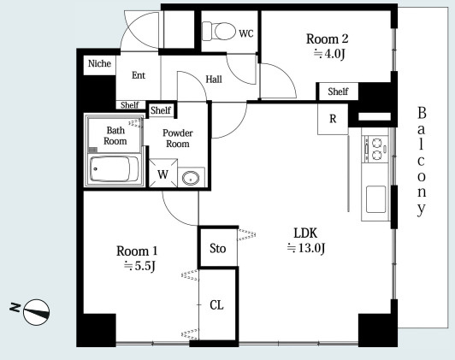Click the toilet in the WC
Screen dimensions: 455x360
(219, 31)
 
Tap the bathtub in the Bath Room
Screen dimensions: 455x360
(114, 168)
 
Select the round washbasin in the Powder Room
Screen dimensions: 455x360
(191, 178)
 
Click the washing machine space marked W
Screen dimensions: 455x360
(162, 174)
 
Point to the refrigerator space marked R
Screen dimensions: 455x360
(333, 119)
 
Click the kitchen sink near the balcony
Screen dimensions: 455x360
(375, 199)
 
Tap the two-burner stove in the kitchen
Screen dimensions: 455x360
(376, 149)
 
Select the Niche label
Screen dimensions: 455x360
(99, 63)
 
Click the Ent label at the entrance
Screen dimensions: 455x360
(139, 75)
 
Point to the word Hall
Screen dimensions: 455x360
(214, 80)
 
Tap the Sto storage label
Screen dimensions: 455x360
(217, 249)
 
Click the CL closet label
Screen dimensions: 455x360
(216, 305)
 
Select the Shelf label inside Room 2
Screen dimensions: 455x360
(338, 91)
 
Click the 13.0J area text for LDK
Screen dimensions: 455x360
(306, 248)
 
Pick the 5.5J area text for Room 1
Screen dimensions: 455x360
(140, 266)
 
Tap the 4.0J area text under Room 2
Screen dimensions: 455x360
(330, 54)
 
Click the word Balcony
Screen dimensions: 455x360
(422, 162)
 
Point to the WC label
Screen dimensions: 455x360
(246, 33)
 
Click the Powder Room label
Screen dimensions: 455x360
(178, 138)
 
